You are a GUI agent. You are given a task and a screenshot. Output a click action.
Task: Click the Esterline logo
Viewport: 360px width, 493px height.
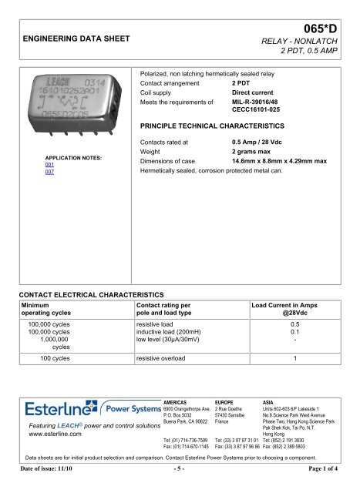coord(50,407)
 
